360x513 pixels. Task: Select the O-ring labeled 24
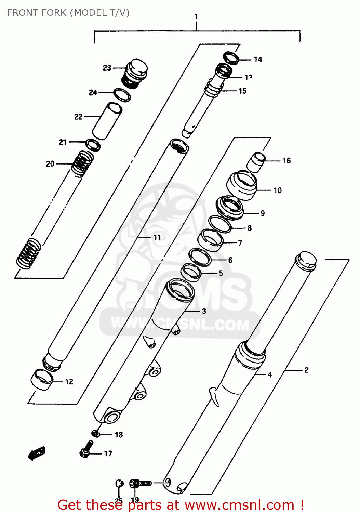(x=122, y=95)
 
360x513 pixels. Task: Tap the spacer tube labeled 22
(x=107, y=121)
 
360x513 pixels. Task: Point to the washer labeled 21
(x=93, y=145)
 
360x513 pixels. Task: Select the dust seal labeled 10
(x=242, y=186)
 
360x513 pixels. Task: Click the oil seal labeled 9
(x=230, y=208)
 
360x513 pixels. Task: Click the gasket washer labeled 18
(x=95, y=434)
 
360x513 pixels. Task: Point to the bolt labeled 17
(x=86, y=449)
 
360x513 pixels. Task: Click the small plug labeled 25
(x=119, y=484)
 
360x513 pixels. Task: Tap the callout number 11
(x=157, y=237)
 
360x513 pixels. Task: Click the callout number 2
(x=306, y=370)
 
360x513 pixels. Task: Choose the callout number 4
(x=270, y=374)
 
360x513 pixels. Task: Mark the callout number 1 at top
(x=196, y=16)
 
